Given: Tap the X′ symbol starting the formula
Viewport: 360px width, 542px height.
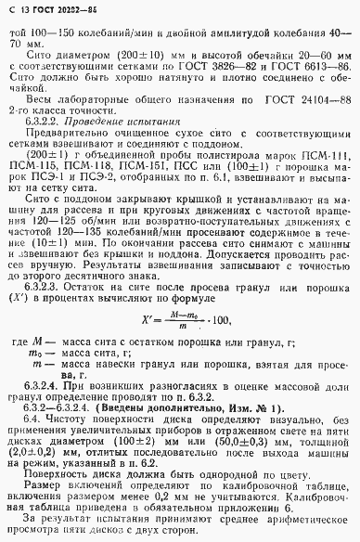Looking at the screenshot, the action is point(150,321).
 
